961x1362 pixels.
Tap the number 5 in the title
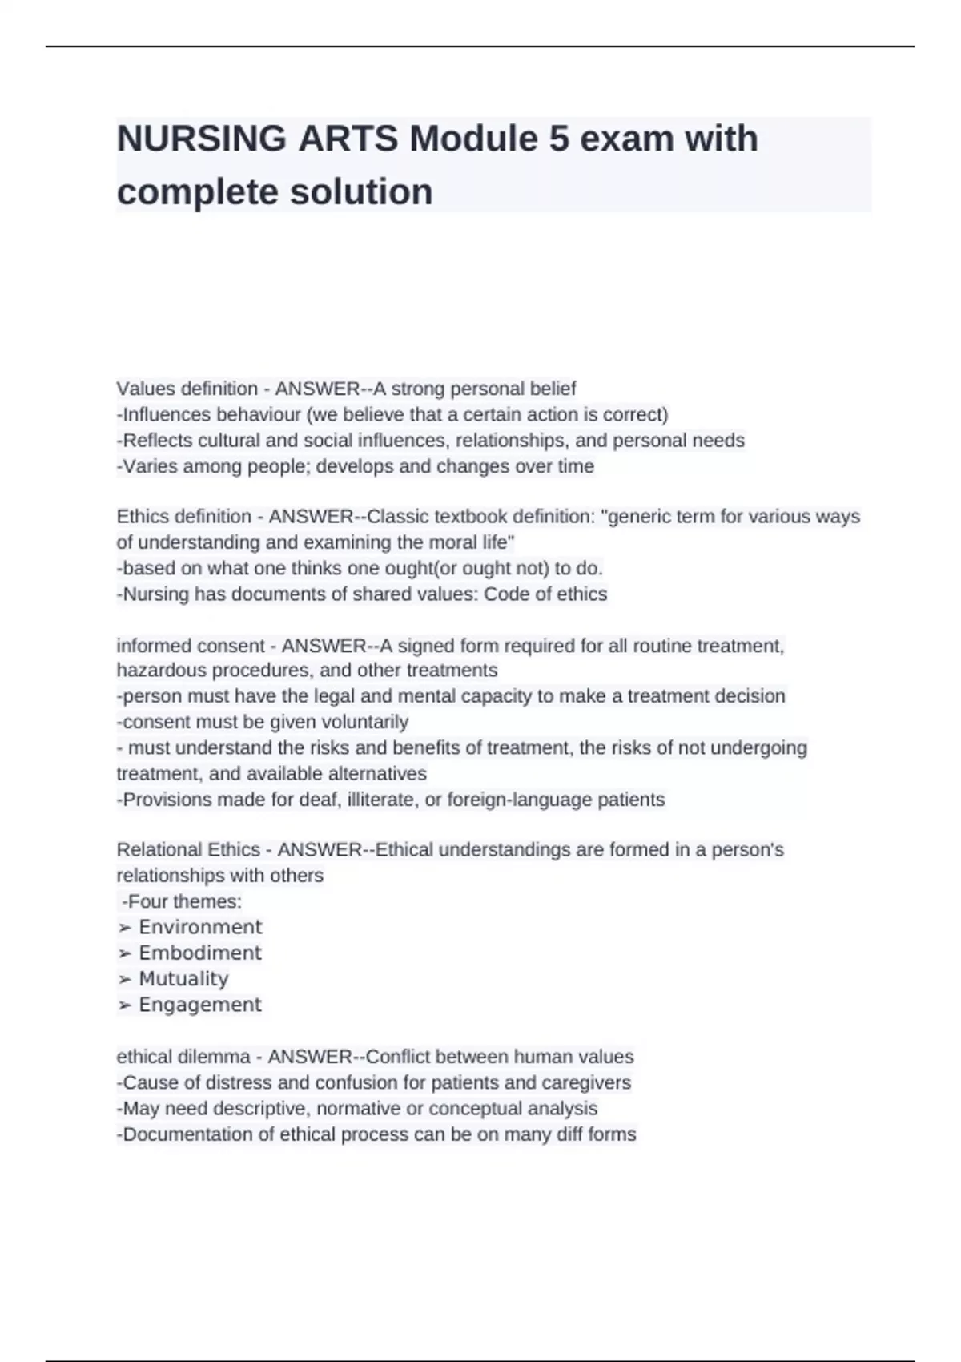tap(559, 139)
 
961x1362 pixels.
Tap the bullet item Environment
tap(200, 927)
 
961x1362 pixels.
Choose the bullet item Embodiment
tap(199, 953)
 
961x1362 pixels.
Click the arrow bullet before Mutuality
tap(124, 979)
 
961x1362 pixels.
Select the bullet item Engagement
tap(199, 1005)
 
